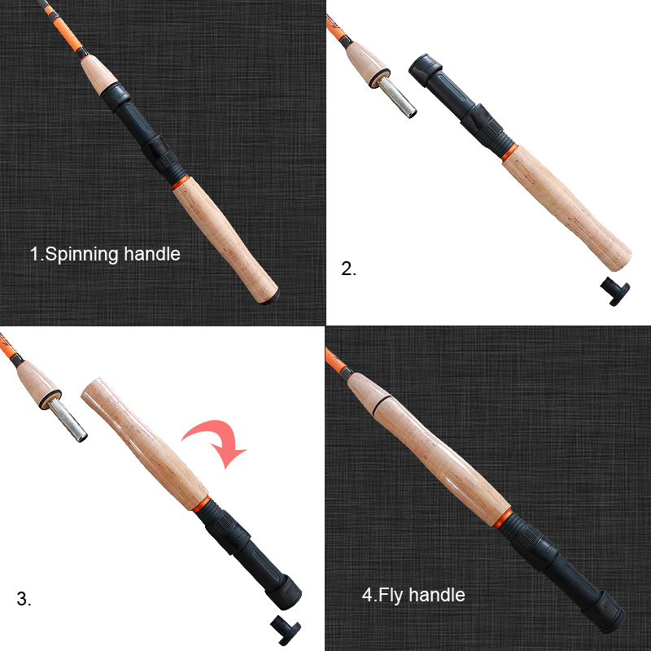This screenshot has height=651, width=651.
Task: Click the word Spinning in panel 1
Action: point(80,255)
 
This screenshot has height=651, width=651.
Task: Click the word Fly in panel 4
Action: point(391,596)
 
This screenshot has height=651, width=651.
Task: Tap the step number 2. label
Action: point(349,269)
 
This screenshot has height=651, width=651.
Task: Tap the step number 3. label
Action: point(24,599)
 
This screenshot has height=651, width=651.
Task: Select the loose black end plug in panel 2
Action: point(615,291)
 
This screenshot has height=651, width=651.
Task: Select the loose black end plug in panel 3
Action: point(286,630)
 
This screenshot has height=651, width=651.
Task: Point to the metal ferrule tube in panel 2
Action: point(397,97)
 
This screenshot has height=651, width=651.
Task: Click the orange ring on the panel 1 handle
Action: point(180,182)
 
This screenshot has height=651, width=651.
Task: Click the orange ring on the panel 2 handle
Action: point(509,152)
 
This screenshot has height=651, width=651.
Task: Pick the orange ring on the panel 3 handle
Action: point(200,504)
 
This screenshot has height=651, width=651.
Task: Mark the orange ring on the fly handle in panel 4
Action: point(502,518)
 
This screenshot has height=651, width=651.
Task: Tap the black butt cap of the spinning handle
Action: point(271,298)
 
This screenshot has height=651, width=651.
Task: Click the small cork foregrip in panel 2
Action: point(368,64)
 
